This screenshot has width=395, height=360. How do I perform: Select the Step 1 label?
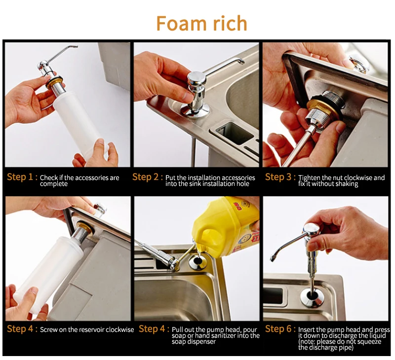point(22,177)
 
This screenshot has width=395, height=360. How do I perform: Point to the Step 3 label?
point(280,177)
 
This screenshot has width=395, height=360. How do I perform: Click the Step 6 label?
point(280,329)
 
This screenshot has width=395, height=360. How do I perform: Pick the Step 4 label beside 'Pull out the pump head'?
point(154,329)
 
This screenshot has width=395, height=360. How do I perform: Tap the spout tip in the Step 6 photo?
point(273,258)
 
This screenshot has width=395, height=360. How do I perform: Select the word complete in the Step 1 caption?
point(54,184)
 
